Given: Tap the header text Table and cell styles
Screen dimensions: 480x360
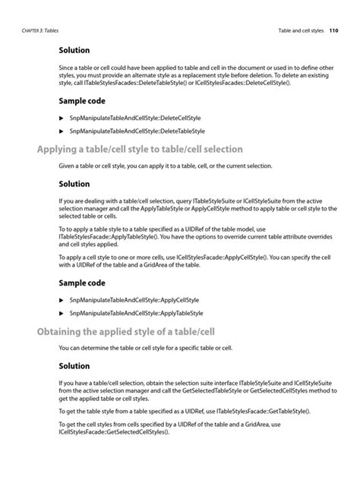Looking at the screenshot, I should coord(298,31).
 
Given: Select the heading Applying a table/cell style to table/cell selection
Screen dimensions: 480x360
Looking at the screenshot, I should coord(140,149).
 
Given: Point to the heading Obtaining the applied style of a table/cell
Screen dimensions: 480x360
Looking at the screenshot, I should coord(124,330).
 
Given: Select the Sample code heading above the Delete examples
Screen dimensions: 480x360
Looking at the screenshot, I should coord(82,100).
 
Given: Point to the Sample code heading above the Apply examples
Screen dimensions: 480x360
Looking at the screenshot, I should coord(82,283).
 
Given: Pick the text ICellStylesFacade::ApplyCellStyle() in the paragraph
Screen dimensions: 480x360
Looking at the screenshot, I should coord(226,257).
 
